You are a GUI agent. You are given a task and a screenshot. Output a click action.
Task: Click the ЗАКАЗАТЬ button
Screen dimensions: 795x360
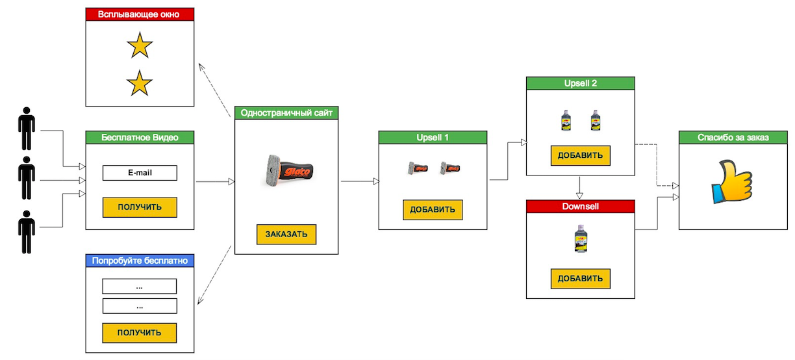pos(286,235)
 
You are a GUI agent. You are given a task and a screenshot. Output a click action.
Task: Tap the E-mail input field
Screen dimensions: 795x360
pos(140,173)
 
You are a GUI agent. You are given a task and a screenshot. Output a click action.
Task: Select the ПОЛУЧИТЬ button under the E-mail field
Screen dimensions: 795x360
pos(140,207)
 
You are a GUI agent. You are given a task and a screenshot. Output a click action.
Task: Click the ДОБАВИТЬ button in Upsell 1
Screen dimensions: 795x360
pos(433,210)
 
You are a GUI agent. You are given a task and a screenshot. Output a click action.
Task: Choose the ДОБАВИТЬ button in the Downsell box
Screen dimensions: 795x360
pos(580,279)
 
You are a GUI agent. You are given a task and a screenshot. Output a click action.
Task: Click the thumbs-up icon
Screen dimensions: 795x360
pos(732,182)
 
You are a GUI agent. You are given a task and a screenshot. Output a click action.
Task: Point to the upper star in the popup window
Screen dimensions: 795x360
pos(140,45)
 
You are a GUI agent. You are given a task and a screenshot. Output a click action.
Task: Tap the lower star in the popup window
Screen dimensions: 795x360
pos(140,83)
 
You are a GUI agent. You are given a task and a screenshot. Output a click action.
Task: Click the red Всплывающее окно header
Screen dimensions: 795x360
pos(140,14)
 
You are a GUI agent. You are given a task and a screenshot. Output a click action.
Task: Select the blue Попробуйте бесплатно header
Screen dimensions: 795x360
pos(140,261)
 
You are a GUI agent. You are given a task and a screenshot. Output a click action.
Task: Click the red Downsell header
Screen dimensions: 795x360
pos(580,206)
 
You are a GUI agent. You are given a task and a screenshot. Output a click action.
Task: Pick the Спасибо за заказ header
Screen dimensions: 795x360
pos(733,137)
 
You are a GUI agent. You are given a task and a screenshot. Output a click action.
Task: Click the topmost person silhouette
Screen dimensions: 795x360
pos(27,129)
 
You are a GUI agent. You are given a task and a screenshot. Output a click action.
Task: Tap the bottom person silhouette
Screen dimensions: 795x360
pos(27,232)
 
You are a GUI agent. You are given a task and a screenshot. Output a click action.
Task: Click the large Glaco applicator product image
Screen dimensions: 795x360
pos(290,171)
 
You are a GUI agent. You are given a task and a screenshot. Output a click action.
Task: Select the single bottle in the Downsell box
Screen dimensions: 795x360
pos(581,238)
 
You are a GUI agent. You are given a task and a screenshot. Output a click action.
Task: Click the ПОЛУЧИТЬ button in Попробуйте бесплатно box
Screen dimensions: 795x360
pos(140,333)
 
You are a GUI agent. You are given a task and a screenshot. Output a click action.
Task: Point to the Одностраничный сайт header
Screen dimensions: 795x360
pos(286,113)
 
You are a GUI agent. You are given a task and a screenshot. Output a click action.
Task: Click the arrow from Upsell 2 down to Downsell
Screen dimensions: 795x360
pos(579,188)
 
